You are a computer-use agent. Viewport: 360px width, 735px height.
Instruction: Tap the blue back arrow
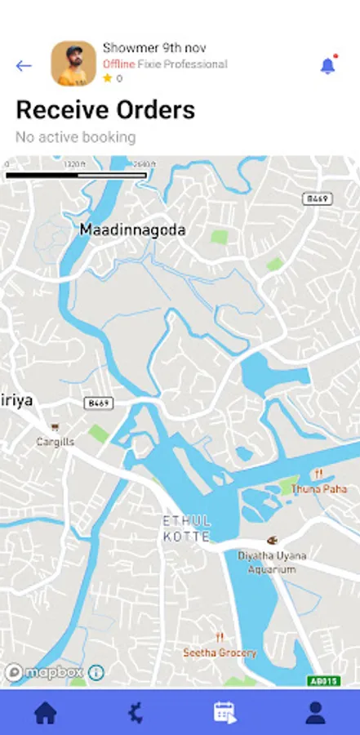click(24, 66)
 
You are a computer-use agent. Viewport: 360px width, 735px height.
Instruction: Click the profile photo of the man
click(73, 64)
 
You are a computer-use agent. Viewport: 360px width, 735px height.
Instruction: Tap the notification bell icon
click(328, 66)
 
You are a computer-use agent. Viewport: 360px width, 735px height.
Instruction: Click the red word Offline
click(118, 64)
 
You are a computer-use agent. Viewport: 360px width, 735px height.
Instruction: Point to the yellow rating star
click(107, 78)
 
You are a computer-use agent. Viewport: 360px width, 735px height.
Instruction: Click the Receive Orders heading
click(105, 110)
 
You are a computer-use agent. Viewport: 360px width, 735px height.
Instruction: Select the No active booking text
click(75, 137)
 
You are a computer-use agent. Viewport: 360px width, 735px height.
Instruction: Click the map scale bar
click(76, 175)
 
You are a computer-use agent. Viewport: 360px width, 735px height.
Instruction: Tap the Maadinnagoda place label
click(132, 230)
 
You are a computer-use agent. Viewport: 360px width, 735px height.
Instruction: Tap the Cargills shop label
click(56, 441)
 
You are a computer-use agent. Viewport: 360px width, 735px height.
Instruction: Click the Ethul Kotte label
click(187, 528)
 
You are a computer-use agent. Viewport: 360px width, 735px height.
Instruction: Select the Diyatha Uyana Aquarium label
click(273, 562)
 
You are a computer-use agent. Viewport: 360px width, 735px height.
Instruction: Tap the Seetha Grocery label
click(220, 653)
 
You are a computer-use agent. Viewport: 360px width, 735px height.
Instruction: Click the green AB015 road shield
click(323, 679)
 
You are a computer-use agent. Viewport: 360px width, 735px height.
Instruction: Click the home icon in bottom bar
click(45, 713)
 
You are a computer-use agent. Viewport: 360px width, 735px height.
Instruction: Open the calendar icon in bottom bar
click(224, 713)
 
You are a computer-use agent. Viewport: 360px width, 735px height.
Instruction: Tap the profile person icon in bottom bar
click(315, 713)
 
